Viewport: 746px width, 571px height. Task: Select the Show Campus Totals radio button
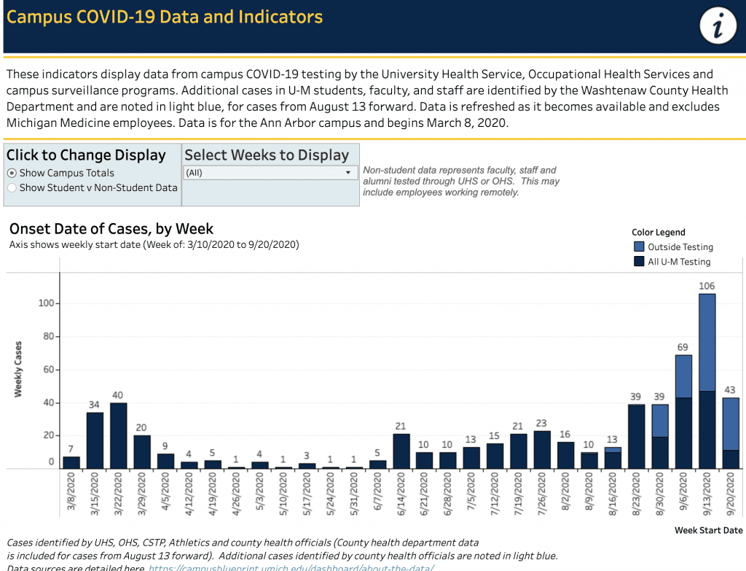click(12, 173)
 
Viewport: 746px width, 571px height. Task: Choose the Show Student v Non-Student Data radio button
click(12, 187)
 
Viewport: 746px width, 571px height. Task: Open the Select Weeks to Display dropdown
click(270, 173)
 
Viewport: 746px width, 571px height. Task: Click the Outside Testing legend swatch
click(639, 247)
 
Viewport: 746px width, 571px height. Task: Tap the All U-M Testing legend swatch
click(639, 262)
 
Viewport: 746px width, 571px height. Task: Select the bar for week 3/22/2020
click(119, 435)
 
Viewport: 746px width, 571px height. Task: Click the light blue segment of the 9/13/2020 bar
click(707, 343)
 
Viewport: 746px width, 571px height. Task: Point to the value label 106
click(707, 286)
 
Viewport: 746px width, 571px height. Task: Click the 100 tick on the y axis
click(47, 303)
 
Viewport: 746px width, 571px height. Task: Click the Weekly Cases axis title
click(18, 369)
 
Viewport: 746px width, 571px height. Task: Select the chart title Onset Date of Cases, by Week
click(111, 229)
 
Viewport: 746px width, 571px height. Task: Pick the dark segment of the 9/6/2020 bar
click(683, 432)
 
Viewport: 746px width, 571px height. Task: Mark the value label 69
click(683, 347)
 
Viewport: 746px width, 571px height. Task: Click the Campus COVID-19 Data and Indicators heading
click(165, 17)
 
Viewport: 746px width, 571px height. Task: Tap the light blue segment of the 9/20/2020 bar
click(730, 424)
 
